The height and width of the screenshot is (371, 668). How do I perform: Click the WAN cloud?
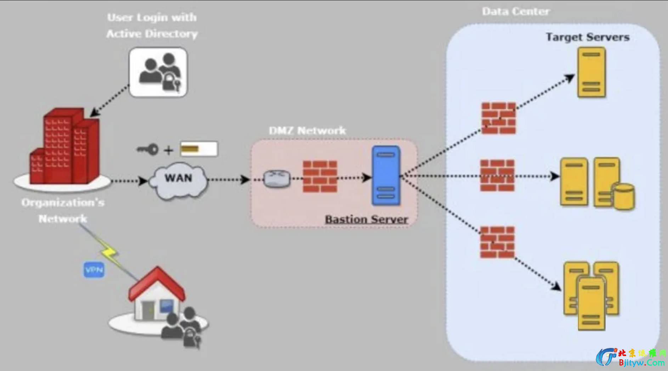[178, 179]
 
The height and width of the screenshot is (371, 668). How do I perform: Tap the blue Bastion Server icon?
[386, 176]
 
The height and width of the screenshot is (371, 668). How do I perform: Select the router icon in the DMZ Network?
[277, 178]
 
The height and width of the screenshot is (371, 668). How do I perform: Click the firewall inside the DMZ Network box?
[320, 176]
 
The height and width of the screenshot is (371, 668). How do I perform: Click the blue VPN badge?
[94, 270]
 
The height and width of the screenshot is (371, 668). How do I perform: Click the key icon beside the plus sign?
[148, 149]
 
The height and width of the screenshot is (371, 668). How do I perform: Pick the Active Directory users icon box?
[158, 72]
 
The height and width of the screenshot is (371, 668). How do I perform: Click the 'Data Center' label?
[516, 12]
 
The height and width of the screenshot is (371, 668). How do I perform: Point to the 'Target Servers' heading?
[588, 37]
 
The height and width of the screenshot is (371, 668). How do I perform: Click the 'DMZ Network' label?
[307, 131]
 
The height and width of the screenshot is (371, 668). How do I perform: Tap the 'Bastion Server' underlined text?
[367, 220]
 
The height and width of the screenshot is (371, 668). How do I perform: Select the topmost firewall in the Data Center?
[499, 118]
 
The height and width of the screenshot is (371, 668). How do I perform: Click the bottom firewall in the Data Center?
[497, 242]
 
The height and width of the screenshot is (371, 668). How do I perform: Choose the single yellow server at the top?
[591, 72]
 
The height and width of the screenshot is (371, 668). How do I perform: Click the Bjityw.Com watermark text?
[641, 362]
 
